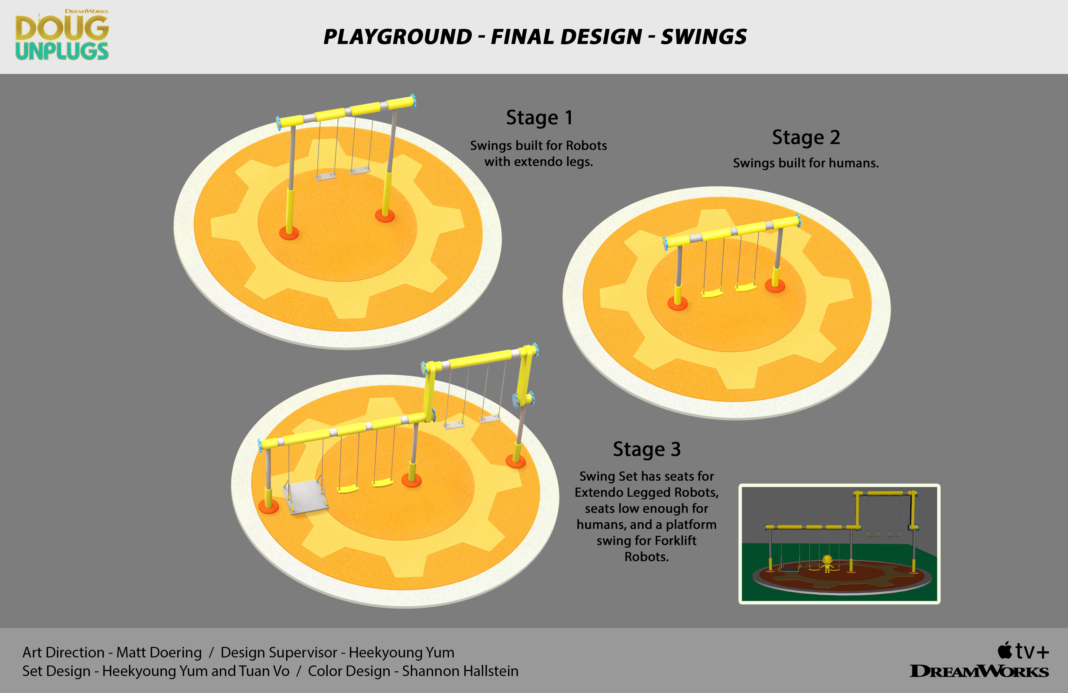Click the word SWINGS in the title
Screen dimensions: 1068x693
coord(704,37)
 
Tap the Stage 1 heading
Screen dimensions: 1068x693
coord(539,118)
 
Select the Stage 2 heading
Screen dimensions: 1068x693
coord(806,137)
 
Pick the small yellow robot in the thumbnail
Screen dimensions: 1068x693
coord(827,563)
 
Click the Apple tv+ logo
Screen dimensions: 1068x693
coord(1023,651)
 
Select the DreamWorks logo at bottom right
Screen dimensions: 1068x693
coord(979,672)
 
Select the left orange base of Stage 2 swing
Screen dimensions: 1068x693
coord(678,304)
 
